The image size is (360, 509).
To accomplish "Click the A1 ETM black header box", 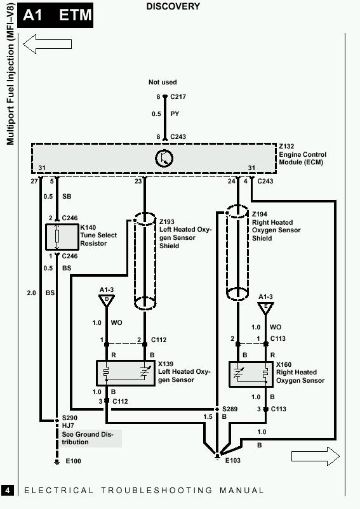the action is click(55, 15).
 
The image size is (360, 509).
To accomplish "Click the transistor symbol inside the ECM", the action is click(164, 159).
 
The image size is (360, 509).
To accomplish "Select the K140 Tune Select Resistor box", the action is click(62, 237).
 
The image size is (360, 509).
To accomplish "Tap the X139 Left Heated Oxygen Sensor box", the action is click(126, 373).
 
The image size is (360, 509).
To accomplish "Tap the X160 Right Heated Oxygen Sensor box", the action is click(251, 374).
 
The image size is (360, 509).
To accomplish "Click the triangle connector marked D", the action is click(107, 301).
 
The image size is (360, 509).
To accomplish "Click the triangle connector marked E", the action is click(265, 308).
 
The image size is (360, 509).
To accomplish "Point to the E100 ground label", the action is click(74, 461).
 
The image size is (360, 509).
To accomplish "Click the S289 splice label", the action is click(230, 409).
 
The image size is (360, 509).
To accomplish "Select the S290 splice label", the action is click(70, 418).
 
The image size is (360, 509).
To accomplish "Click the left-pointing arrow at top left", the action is click(48, 44).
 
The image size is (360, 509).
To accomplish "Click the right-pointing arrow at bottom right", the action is click(316, 456).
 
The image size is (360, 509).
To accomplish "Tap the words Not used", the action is click(163, 82).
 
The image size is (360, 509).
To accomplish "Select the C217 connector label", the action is click(178, 96).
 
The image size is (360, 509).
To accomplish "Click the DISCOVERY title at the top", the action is click(173, 6).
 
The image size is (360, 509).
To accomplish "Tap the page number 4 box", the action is click(8, 490).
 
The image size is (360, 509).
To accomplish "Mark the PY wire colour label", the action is click(175, 114).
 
